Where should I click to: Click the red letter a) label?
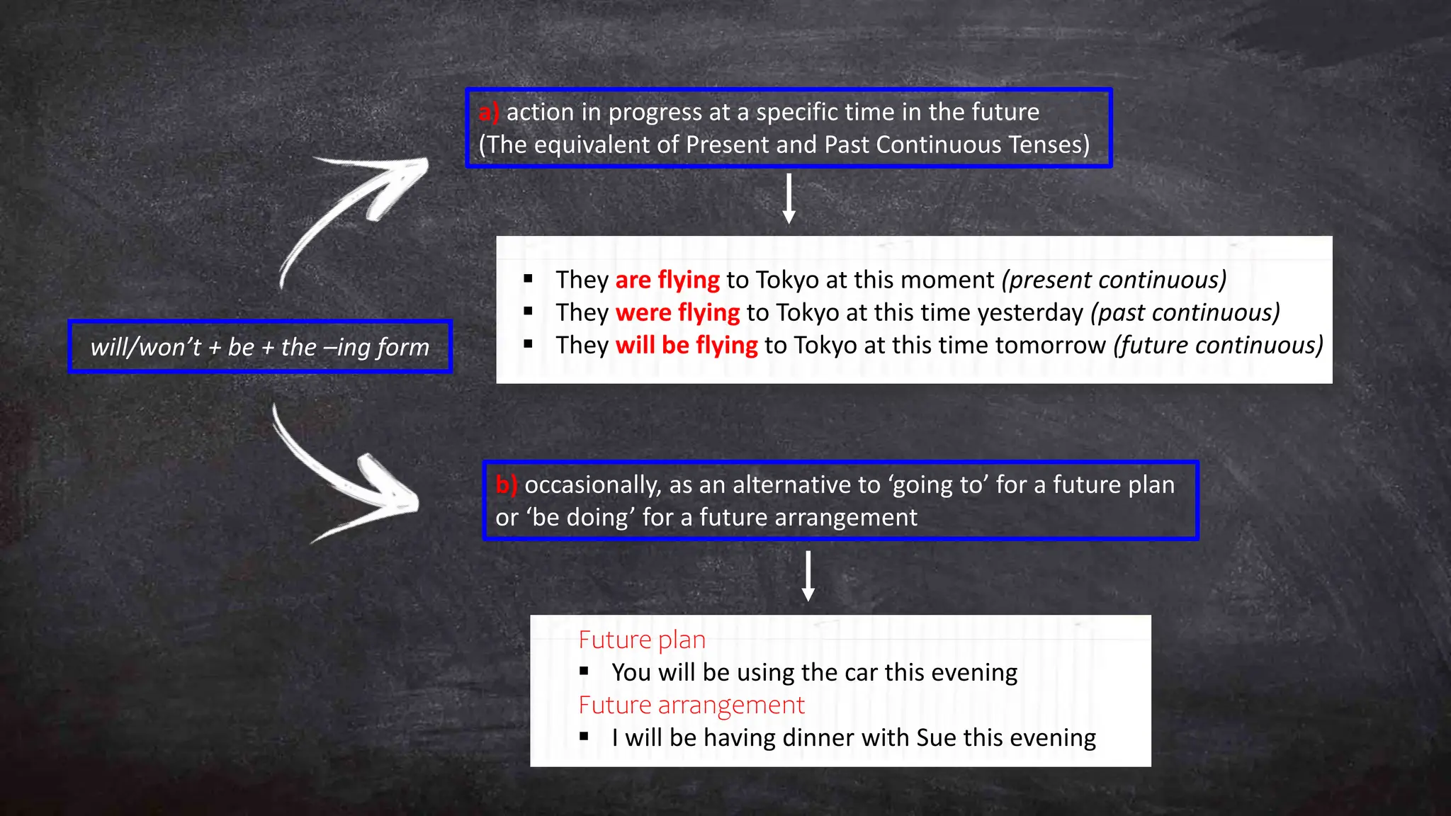tap(488, 112)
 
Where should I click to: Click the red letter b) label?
tap(506, 484)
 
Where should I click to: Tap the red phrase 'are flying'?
tap(667, 280)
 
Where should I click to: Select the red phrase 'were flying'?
tap(677, 312)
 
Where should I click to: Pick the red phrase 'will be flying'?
tap(687, 345)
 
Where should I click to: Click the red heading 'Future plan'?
tap(642, 640)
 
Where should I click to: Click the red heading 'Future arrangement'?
tap(691, 705)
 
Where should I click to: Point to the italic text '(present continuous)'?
tap(1114, 280)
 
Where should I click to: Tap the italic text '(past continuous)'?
tap(1185, 312)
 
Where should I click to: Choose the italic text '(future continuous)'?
tap(1218, 345)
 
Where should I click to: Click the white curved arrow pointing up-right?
tap(354, 212)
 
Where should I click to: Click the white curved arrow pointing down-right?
tap(347, 482)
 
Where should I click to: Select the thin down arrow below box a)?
tap(789, 199)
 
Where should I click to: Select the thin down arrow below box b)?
tap(808, 576)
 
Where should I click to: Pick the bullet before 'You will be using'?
tap(584, 671)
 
